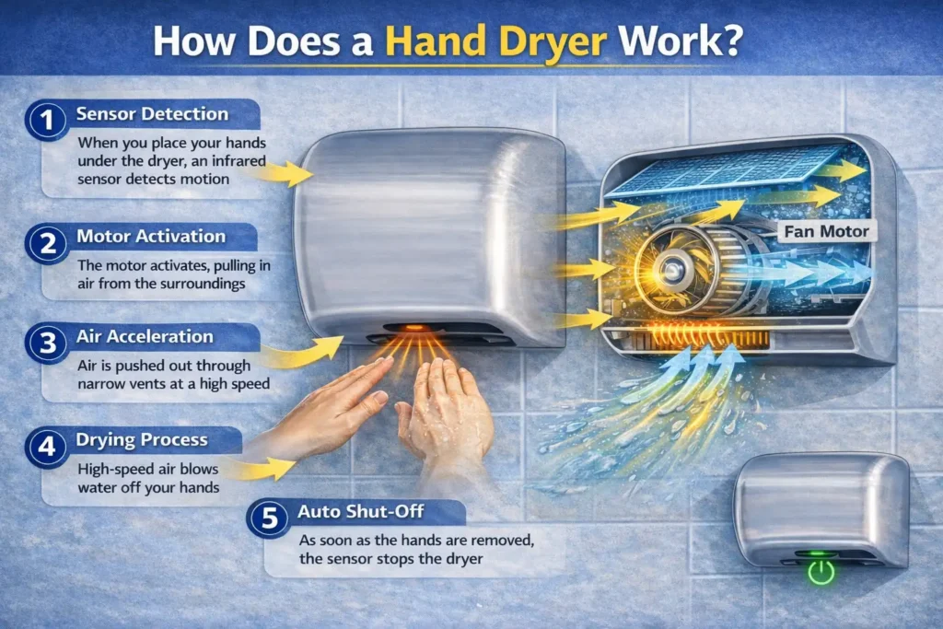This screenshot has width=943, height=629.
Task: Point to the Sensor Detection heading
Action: [x=152, y=114]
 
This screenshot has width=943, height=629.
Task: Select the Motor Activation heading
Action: [x=151, y=236]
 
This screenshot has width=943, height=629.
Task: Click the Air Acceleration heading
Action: [x=145, y=337]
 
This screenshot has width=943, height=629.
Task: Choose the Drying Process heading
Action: [x=142, y=440]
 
